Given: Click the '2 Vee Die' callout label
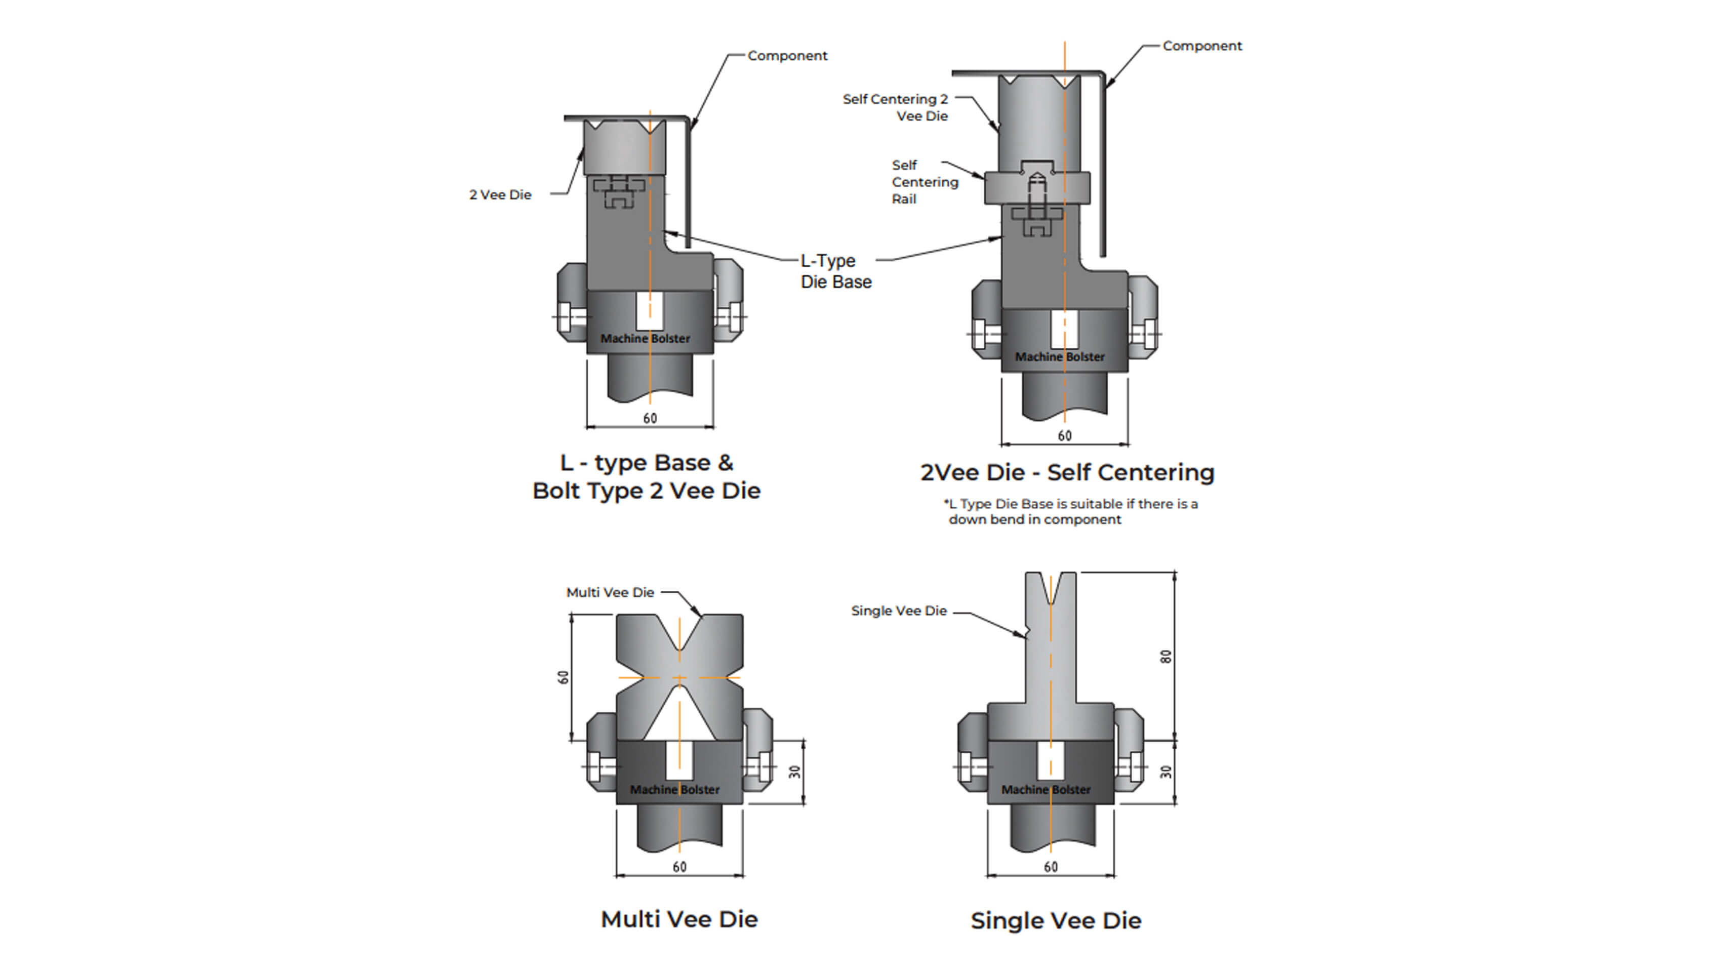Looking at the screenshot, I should (500, 195).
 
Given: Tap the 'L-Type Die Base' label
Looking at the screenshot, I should (835, 271).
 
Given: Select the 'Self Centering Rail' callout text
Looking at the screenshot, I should (924, 182).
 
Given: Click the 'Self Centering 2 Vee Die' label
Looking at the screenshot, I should (895, 108).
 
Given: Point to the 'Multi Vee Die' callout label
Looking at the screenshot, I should (610, 593).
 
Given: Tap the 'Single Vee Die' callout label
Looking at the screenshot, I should (899, 611).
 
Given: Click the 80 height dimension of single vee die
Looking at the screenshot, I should (1166, 657).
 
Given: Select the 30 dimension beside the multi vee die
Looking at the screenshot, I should (795, 772).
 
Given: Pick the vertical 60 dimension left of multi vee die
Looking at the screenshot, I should (564, 677).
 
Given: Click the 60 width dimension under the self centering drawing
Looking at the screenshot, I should (1064, 436).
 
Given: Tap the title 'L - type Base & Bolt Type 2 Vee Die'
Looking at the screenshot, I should (647, 477).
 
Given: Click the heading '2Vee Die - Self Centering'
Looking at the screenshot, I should (1067, 473).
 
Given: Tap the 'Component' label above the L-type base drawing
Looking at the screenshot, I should (787, 56).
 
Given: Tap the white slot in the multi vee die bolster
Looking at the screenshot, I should (679, 760).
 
